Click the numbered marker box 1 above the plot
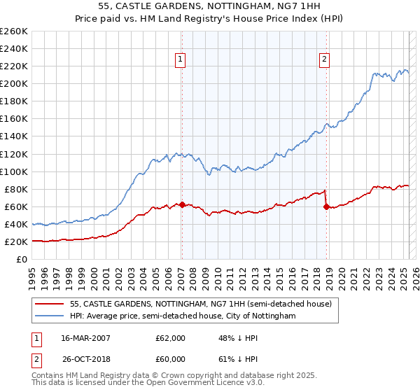[x=181, y=60]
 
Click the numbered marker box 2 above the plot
[x=325, y=60]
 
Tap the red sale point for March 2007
[x=182, y=204]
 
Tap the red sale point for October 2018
[x=326, y=206]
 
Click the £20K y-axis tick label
[x=16, y=241]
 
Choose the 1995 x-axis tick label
[x=32, y=275]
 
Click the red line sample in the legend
[x=50, y=304]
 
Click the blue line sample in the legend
[x=50, y=316]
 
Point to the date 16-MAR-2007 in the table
[x=87, y=338]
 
